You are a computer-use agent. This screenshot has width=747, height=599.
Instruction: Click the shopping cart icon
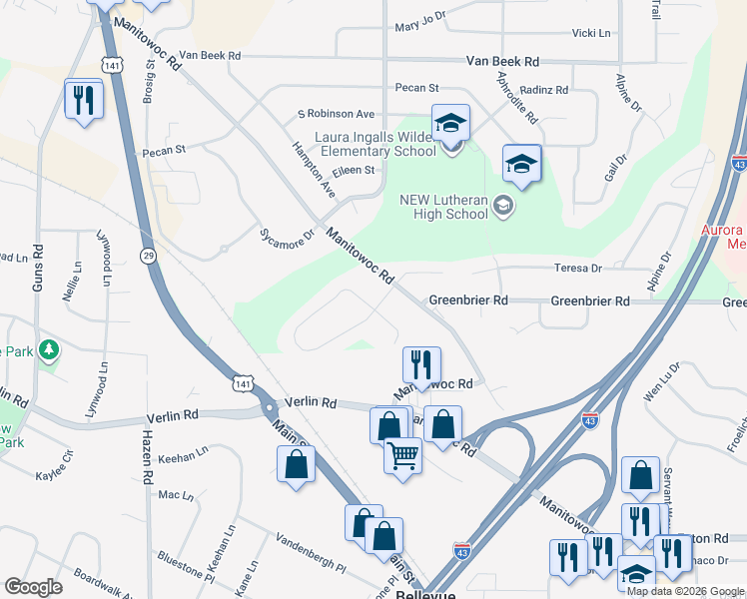click(x=402, y=456)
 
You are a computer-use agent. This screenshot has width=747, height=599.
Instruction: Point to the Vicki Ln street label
click(x=590, y=33)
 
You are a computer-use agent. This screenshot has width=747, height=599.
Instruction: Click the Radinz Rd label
click(x=544, y=90)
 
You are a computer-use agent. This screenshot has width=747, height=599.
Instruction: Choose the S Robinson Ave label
click(x=335, y=114)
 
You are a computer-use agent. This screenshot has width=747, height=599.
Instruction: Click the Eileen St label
click(x=354, y=171)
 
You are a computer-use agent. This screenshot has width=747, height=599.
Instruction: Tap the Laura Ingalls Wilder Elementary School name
click(x=375, y=144)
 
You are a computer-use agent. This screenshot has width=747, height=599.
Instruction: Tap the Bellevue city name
click(x=425, y=594)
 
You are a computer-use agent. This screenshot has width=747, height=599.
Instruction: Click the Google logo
click(x=33, y=587)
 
